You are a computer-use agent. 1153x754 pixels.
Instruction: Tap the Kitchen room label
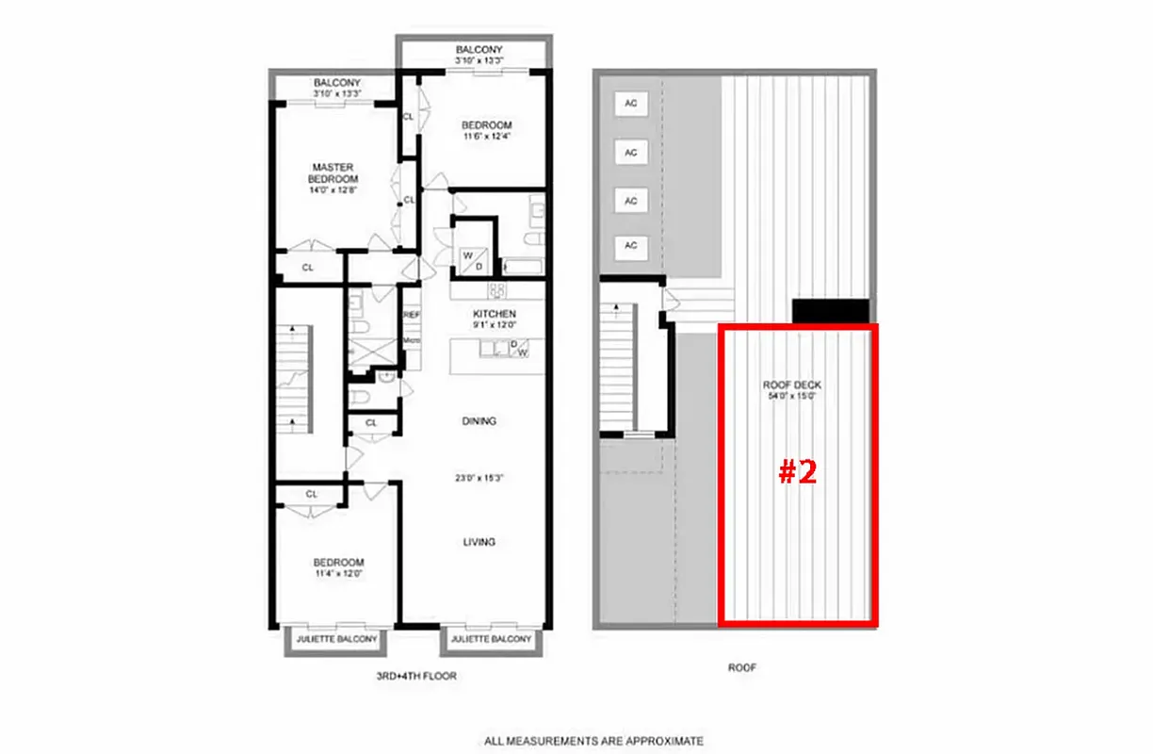click(495, 314)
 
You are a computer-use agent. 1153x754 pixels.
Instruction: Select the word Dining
click(479, 421)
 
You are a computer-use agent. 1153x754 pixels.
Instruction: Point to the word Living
click(479, 542)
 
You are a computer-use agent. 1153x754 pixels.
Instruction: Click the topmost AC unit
click(632, 103)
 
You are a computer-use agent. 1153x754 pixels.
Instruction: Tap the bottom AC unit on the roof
click(632, 246)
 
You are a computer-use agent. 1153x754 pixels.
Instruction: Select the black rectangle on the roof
click(829, 311)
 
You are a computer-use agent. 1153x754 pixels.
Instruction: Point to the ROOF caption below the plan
click(742, 667)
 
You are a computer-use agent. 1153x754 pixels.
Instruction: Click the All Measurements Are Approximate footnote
click(593, 741)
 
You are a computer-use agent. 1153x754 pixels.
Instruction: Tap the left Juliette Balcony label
click(336, 640)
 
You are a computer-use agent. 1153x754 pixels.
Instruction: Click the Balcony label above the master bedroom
click(335, 83)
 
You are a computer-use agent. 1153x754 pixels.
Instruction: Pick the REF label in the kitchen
click(412, 316)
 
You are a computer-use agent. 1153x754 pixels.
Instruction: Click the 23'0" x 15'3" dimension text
click(479, 478)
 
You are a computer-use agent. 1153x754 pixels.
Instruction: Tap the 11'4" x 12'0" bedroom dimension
click(337, 573)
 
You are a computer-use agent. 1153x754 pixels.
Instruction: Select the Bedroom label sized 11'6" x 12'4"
click(486, 125)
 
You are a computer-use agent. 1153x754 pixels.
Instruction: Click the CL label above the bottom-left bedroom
click(311, 494)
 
